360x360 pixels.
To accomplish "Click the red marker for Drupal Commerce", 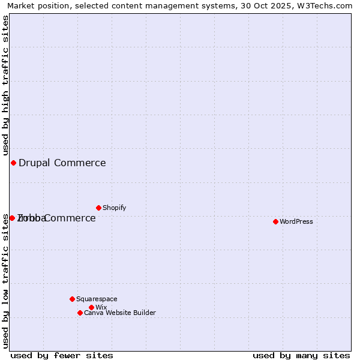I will pos(13,163).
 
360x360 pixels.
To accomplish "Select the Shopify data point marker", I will pos(98,208).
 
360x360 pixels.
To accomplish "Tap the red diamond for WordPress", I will pos(275,221).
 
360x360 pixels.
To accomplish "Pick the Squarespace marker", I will pos(72,299).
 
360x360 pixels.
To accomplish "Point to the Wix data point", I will pos(91,307).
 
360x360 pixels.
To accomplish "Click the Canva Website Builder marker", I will pos(80,313).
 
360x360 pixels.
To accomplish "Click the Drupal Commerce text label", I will pos(62,163).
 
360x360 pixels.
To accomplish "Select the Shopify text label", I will pos(115,208).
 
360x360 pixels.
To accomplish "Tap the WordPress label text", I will pos(296,221).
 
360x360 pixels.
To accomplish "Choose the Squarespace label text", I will pos(97,299).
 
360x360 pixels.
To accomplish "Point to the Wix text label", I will pos(101,307).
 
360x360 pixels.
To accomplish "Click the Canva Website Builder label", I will pos(120,313).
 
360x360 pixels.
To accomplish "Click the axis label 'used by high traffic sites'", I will pos(5,85).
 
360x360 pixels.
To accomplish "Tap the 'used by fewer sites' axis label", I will pos(62,355).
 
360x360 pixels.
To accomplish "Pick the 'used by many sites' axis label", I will pos(301,355).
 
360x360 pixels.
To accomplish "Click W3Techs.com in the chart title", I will pos(326,5).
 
